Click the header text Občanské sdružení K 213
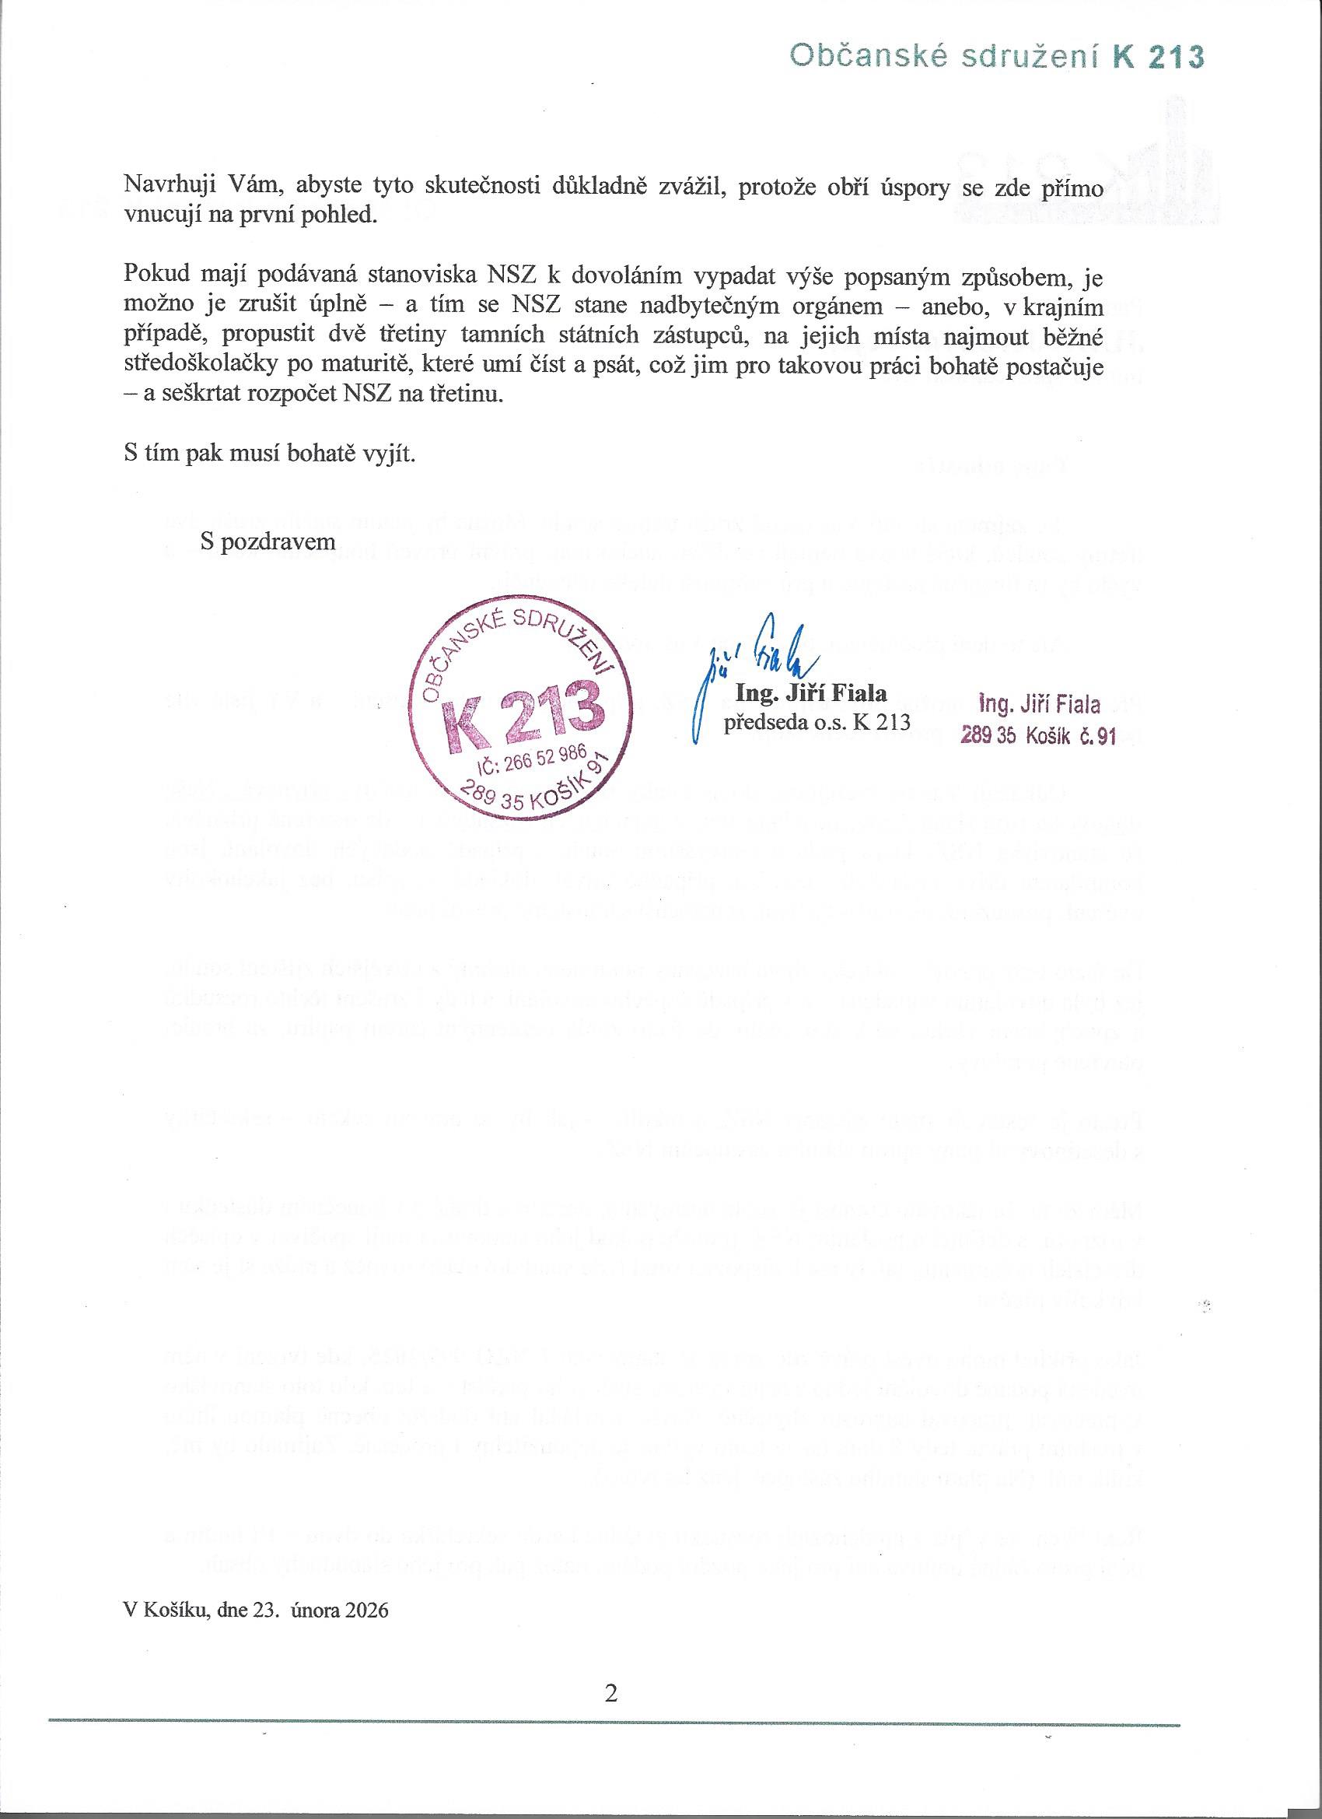(996, 57)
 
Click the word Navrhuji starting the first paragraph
(165, 187)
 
